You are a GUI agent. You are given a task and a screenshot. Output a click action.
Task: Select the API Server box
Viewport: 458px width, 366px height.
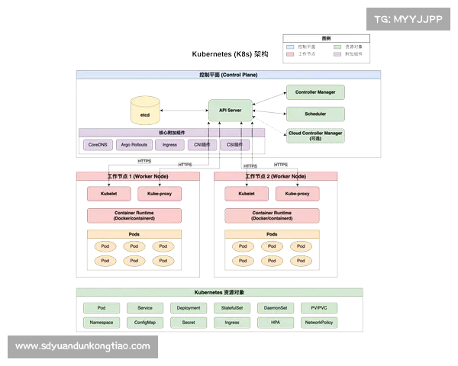(230, 111)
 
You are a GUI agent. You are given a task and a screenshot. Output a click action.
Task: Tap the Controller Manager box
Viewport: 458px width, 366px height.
(315, 92)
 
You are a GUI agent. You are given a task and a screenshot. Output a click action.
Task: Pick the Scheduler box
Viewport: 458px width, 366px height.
(315, 114)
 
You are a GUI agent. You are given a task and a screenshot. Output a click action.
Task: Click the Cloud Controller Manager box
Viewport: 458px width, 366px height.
(315, 136)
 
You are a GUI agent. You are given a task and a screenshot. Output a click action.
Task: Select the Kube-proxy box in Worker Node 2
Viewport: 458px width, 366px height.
(292, 194)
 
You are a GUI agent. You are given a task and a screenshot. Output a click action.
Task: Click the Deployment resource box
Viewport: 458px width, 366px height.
(189, 308)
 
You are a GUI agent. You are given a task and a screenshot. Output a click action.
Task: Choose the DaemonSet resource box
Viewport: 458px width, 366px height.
(275, 308)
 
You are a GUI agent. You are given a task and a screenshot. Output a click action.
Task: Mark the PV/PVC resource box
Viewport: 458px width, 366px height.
(319, 308)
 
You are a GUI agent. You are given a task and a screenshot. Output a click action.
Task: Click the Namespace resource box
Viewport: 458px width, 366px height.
(102, 323)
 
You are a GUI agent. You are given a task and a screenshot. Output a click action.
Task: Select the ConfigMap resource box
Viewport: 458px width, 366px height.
(145, 323)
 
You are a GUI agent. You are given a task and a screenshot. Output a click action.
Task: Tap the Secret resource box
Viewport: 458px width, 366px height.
(189, 323)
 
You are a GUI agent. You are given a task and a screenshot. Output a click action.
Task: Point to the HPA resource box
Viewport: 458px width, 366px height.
(275, 323)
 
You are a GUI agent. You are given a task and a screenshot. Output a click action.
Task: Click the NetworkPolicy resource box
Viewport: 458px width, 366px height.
(319, 323)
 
